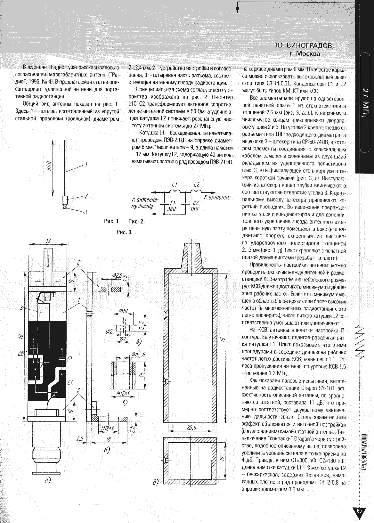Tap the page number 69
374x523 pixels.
(x=359, y=511)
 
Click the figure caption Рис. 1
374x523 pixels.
(x=111, y=221)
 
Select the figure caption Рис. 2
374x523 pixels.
(x=136, y=221)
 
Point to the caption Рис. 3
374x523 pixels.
(x=124, y=232)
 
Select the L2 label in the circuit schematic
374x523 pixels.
(x=196, y=185)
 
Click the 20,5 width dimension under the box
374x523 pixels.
(x=190, y=428)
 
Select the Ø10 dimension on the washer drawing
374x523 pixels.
(x=123, y=311)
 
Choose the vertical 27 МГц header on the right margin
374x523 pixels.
(x=366, y=102)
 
